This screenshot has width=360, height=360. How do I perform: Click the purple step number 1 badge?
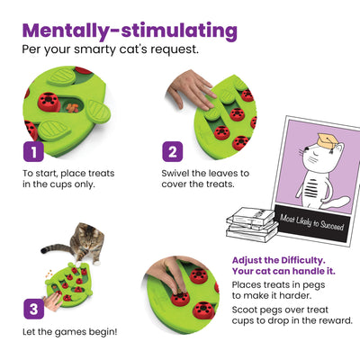click(x=32, y=150)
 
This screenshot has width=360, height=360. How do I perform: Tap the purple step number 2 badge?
click(x=174, y=150)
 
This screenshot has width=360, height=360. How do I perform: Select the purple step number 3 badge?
click(x=32, y=308)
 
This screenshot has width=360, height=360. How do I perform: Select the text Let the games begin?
click(x=65, y=331)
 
